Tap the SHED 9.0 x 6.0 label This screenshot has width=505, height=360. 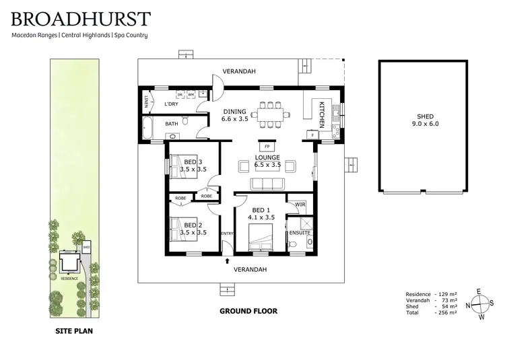(424, 120)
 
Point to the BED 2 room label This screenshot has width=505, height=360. (191, 229)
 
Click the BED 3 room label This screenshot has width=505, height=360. (191, 166)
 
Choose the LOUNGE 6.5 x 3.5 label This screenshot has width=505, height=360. (267, 161)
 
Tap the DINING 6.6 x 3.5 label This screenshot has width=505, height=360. (235, 116)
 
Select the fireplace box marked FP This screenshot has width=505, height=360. (267, 146)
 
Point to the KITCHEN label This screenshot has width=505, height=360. (322, 114)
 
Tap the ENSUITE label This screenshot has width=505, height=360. (299, 233)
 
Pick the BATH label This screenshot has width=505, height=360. (171, 124)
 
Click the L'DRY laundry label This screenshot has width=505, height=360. (171, 104)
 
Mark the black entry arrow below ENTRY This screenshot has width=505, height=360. (228, 260)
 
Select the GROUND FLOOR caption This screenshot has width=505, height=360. (248, 312)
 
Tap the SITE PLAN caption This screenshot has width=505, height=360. (74, 331)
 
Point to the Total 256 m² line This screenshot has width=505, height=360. (432, 313)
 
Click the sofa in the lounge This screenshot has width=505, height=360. (267, 184)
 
